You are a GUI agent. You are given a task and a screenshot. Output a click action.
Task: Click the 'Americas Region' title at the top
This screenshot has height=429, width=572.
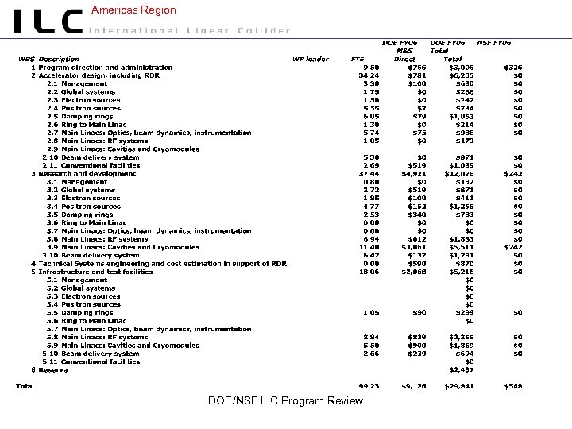pyautogui.click(x=133, y=10)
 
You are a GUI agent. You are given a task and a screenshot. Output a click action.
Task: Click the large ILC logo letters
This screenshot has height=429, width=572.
pyautogui.click(x=48, y=21)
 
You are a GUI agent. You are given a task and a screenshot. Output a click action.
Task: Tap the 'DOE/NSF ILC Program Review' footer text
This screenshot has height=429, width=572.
pyautogui.click(x=285, y=400)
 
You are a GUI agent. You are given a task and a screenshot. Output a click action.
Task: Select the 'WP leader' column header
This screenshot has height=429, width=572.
pyautogui.click(x=311, y=59)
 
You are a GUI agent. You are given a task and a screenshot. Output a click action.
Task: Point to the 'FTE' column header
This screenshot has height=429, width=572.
pyautogui.click(x=357, y=59)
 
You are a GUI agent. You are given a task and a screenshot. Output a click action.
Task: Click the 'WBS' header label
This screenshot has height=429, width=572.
pyautogui.click(x=28, y=59)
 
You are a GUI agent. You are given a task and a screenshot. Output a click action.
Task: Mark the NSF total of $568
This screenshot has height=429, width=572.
pyautogui.click(x=512, y=387)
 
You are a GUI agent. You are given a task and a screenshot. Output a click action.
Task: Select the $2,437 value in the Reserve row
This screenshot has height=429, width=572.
pyautogui.click(x=460, y=369)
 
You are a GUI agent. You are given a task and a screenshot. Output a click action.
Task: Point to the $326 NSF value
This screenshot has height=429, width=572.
pyautogui.click(x=512, y=68)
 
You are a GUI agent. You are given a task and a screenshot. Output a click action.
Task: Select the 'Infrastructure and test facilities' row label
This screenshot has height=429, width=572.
pyautogui.click(x=95, y=272)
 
